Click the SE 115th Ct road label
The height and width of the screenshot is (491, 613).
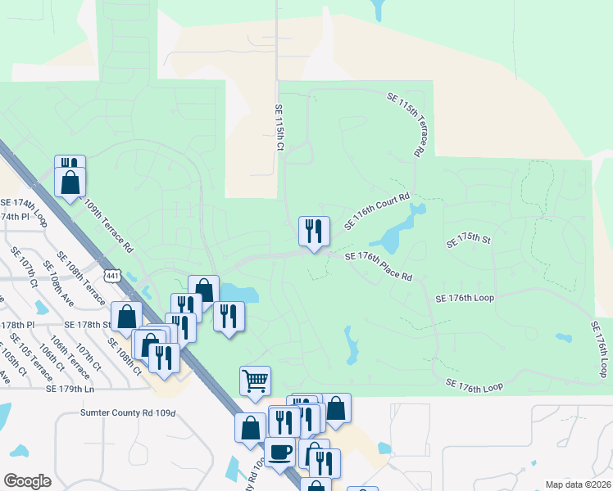(279, 128)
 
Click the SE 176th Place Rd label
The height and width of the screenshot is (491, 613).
(378, 267)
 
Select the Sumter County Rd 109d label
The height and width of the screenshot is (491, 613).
(128, 413)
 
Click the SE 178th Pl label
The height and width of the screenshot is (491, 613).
(18, 325)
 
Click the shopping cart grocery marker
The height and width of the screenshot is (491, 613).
(255, 380)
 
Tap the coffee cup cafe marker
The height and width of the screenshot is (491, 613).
(280, 453)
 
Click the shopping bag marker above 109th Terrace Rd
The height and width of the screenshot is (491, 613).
(70, 181)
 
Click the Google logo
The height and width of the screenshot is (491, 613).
(27, 481)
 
